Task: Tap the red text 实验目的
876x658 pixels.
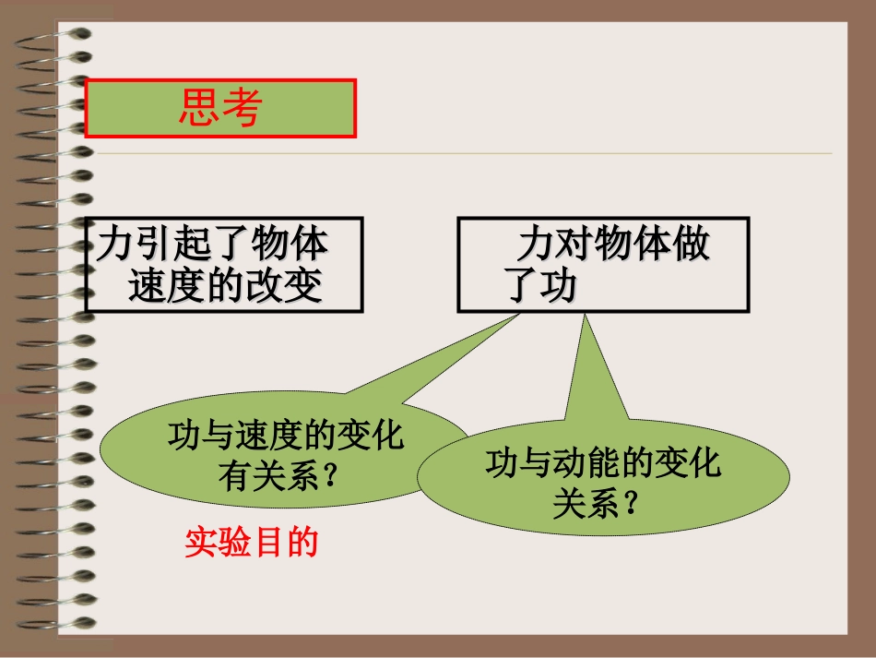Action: [x=251, y=543]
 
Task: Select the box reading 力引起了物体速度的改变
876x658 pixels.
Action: [x=224, y=265]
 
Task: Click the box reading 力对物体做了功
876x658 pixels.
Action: [x=603, y=265]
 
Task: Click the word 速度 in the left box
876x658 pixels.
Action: [x=160, y=287]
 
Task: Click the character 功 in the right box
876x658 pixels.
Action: [x=557, y=287]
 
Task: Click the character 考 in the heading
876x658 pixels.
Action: [x=242, y=109]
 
